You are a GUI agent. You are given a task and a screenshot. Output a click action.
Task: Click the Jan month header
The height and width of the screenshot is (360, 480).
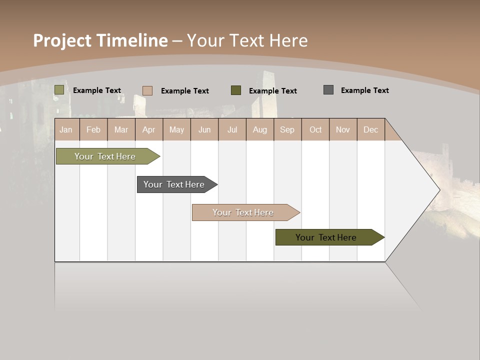click(x=66, y=129)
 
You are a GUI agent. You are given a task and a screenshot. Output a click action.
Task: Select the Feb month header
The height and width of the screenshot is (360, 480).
click(x=93, y=129)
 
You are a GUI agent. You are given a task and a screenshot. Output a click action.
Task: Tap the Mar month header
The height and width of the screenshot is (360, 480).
click(x=121, y=129)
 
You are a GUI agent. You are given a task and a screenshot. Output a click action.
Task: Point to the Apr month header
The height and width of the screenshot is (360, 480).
click(x=148, y=129)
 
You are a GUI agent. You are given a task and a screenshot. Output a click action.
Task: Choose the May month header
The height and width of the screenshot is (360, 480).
click(x=176, y=129)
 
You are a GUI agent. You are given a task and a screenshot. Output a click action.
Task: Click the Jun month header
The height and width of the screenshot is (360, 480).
click(x=204, y=129)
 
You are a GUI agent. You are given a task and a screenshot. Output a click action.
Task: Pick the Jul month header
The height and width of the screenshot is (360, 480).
click(x=232, y=129)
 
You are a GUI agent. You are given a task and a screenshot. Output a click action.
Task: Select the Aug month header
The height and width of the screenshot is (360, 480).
click(x=259, y=129)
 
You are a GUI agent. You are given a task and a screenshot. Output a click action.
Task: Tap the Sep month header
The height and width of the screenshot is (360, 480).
click(x=287, y=129)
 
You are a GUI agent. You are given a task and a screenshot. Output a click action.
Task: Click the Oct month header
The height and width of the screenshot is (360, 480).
click(x=315, y=129)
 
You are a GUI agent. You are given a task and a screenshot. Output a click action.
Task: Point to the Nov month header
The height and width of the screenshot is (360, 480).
click(x=343, y=129)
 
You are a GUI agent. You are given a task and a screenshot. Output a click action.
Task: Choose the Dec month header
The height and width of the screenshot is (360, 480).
click(x=370, y=129)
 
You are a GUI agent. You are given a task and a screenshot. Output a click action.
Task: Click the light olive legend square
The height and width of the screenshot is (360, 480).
click(x=59, y=90)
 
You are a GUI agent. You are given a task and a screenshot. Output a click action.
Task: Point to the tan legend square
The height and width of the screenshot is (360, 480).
click(x=147, y=90)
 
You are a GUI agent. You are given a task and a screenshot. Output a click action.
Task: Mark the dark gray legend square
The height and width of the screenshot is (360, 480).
click(x=328, y=90)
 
